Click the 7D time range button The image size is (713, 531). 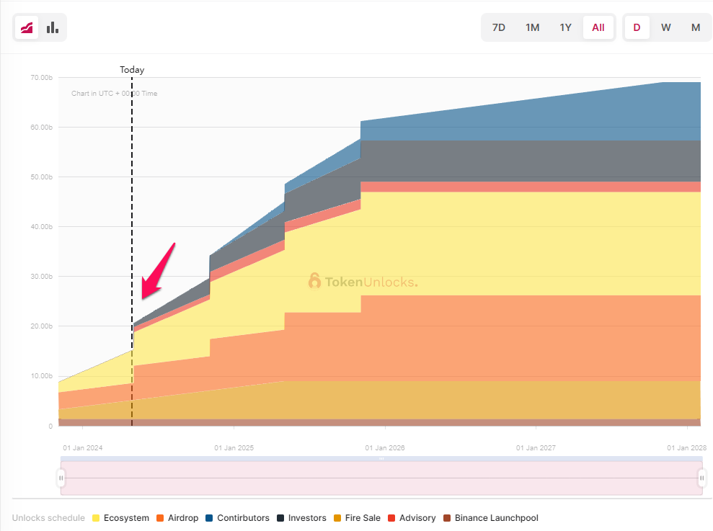tap(498, 27)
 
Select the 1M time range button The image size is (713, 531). tap(532, 27)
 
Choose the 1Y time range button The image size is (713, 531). tap(566, 27)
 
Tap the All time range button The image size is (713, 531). tap(598, 27)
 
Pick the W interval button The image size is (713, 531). tap(666, 27)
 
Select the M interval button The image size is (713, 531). tap(696, 27)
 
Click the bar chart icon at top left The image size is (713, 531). tap(53, 27)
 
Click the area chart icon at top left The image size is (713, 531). tap(27, 27)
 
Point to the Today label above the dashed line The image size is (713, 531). tap(132, 70)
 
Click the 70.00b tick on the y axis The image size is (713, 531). tap(41, 77)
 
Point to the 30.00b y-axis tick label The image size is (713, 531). tap(41, 277)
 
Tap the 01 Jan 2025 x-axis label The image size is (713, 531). tap(234, 448)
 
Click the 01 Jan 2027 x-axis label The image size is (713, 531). tap(536, 448)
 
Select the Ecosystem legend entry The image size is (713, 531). tap(120, 518)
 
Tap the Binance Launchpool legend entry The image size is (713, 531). tap(490, 518)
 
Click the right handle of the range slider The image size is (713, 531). tap(701, 478)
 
